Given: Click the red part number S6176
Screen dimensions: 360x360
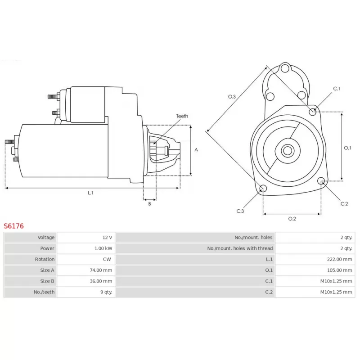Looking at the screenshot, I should [x=13, y=226].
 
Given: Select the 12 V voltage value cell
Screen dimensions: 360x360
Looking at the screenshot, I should [x=107, y=237].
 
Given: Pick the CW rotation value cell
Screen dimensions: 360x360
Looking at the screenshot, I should [x=107, y=259].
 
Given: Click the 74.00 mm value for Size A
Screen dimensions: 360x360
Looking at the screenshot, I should [x=101, y=270].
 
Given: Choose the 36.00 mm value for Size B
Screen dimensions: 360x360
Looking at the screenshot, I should [x=101, y=281].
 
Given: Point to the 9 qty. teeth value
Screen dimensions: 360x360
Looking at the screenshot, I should [x=105, y=292].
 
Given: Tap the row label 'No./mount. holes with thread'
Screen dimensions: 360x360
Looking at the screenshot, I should [x=240, y=248].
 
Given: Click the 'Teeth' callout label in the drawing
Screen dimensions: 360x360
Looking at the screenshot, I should [x=182, y=116].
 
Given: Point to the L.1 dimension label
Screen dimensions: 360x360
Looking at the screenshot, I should [x=90, y=193].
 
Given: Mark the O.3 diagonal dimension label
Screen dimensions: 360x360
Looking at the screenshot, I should [x=232, y=96].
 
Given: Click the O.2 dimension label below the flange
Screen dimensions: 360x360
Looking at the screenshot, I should [x=292, y=219].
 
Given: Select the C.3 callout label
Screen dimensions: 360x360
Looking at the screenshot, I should [x=240, y=211].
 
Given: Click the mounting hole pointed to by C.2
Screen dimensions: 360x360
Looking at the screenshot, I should [x=321, y=181].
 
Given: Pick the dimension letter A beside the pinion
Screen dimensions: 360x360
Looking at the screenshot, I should [x=196, y=150].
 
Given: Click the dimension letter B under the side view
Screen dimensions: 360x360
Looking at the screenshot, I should [x=149, y=204].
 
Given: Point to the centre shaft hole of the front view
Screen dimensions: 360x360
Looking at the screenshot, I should [x=287, y=150].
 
